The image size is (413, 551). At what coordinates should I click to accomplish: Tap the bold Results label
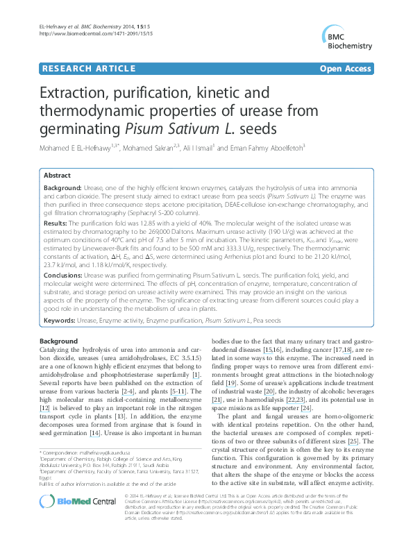[x=58, y=224]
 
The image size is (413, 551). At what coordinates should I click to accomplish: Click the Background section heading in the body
[x=58, y=341]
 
